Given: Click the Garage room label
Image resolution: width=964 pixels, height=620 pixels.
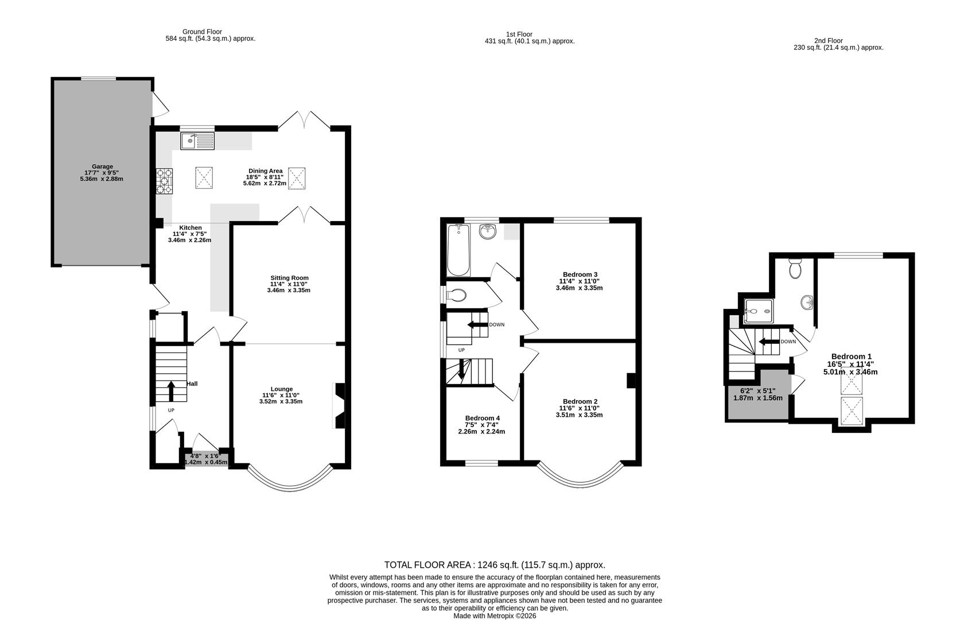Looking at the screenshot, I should point(102,166).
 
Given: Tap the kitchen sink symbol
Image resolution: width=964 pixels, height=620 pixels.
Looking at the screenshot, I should point(197,141).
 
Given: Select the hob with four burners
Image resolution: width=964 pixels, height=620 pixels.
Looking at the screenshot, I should point(164,181).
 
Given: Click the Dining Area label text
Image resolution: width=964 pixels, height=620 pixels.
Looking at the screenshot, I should point(265,170).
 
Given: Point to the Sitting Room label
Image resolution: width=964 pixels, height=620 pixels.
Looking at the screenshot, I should point(289,278).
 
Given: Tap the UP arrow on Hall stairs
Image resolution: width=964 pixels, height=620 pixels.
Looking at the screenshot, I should point(171,391).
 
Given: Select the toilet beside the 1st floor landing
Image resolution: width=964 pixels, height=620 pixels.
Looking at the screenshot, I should point(457,296).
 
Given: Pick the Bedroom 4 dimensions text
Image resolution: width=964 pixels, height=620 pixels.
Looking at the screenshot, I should point(481,428).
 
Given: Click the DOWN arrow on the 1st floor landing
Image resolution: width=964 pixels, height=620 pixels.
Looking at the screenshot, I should point(476,325).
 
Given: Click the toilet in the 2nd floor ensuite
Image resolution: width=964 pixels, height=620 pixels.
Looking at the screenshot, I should point(795,268).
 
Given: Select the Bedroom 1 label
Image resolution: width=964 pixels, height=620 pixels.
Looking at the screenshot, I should point(852,356).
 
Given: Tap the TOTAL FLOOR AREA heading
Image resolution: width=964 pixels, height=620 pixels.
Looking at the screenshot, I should point(495,565).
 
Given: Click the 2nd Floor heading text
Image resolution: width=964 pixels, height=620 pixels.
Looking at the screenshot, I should point(828,41).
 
